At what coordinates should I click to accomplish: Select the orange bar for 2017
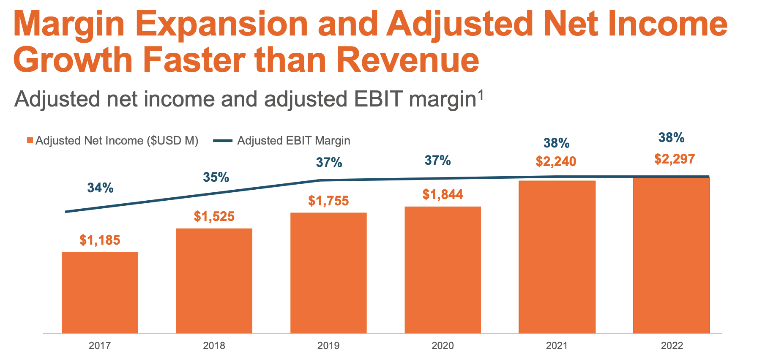[100, 292]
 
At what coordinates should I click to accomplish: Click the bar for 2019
[328, 273]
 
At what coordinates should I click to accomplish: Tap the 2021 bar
[557, 257]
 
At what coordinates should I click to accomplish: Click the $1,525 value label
[214, 217]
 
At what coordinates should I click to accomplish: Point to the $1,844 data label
[443, 195]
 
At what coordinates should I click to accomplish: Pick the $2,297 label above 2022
[675, 159]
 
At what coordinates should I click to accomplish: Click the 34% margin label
[100, 188]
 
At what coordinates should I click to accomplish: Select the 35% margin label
[216, 177]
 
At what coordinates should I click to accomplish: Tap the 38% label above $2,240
[556, 144]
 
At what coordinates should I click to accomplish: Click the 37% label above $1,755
[329, 163]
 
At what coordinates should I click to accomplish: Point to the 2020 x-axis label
[443, 346]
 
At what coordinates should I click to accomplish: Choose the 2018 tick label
[214, 346]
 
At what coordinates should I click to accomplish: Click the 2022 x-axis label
[672, 346]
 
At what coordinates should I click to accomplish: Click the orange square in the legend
[30, 141]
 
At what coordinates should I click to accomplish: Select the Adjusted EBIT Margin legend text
[293, 141]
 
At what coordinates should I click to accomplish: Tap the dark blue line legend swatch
[222, 141]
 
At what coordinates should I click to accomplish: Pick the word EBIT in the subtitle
[377, 100]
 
